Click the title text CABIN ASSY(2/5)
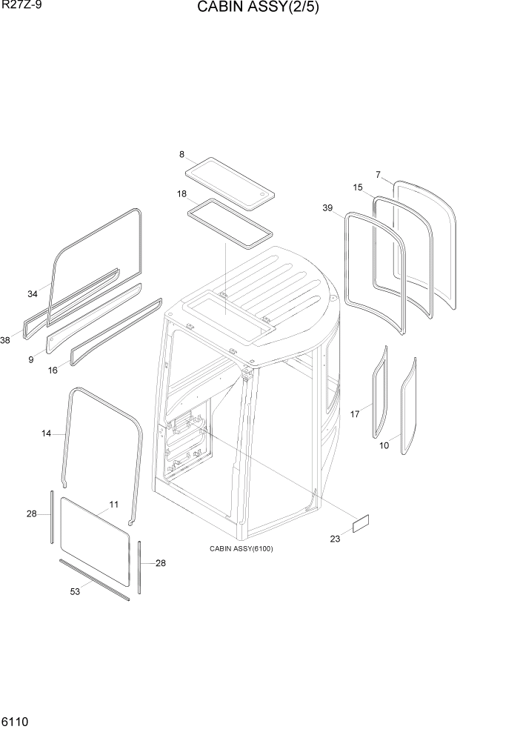click(x=258, y=9)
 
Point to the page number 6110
click(x=16, y=720)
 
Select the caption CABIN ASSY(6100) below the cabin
click(x=241, y=549)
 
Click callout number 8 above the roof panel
click(x=181, y=154)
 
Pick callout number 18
click(x=181, y=194)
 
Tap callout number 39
click(x=327, y=208)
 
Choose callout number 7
click(x=378, y=175)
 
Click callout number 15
click(x=358, y=187)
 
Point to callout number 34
click(x=33, y=294)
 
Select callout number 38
click(x=6, y=340)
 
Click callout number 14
click(x=47, y=433)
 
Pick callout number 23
click(x=335, y=539)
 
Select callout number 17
click(x=355, y=414)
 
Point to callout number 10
click(x=384, y=445)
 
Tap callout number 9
click(x=31, y=360)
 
